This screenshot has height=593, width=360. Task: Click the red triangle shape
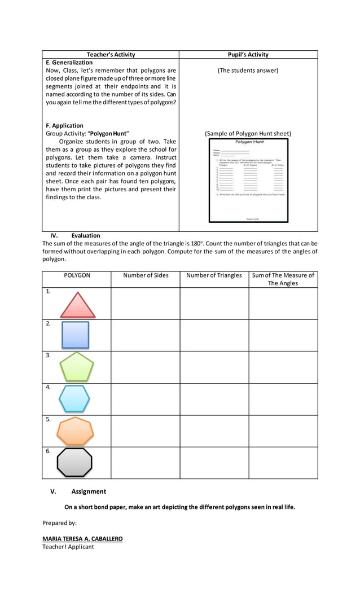[x=78, y=306]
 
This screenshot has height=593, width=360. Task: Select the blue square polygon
[x=75, y=335]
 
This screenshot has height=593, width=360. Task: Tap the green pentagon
[x=77, y=367]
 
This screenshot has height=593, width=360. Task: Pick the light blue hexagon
[x=74, y=399]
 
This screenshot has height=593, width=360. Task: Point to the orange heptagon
[x=75, y=431]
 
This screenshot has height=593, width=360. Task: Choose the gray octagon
[x=74, y=463]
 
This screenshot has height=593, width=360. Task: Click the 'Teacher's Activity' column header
[x=111, y=55]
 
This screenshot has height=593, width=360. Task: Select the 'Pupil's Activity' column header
[x=248, y=55]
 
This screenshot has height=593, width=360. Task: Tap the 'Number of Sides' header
[x=146, y=275]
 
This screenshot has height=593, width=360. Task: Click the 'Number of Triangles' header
[x=214, y=275]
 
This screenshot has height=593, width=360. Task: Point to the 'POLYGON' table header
[x=77, y=275]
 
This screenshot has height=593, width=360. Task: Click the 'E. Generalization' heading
[x=69, y=63]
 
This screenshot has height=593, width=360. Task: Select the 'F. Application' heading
[x=64, y=126]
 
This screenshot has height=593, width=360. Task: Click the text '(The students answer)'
[x=248, y=71]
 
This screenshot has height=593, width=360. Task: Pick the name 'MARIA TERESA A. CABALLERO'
[x=82, y=539]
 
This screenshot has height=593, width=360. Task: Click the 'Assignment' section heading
[x=88, y=491]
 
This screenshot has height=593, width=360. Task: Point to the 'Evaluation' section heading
[x=86, y=235]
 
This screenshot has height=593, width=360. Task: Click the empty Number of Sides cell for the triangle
[x=146, y=304]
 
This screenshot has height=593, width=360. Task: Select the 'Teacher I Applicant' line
[x=68, y=547]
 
